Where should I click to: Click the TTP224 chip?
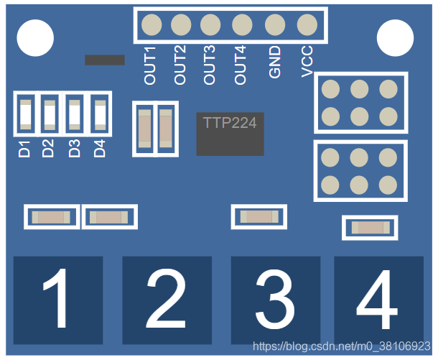coord(230,134)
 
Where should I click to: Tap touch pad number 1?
coord(58,300)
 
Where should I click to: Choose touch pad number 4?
coord(378,300)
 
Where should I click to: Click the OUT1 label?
coord(150,65)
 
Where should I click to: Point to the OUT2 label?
coord(180,65)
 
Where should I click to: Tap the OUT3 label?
coord(210,65)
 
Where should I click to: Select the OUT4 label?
coord(241,65)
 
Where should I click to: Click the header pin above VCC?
coord(307,25)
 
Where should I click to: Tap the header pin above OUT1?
coord(152,25)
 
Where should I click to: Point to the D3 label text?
coord(75,149)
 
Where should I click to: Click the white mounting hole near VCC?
coord(396,37)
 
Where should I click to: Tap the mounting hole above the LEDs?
coord(35,37)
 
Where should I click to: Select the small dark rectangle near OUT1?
coord(105,60)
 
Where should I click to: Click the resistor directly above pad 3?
coord(258,216)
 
